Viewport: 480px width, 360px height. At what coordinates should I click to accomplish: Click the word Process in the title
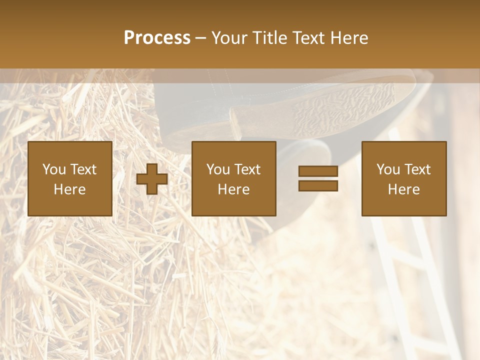point(157,37)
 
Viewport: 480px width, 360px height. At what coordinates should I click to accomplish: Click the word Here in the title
point(350,37)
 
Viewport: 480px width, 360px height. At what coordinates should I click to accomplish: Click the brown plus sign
point(152,179)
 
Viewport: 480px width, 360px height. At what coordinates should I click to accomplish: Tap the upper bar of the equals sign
point(318,171)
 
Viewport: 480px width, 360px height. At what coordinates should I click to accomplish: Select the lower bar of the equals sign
point(318,186)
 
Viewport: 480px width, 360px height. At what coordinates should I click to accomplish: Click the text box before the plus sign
point(69,178)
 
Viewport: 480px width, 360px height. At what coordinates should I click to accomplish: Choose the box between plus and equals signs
point(233,178)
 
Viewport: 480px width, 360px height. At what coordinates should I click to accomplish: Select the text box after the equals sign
point(403,178)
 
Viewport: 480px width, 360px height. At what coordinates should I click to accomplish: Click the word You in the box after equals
point(388,169)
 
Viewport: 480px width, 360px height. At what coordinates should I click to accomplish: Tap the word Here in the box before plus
point(69,189)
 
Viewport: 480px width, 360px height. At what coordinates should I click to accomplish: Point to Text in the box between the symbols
point(247,169)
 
